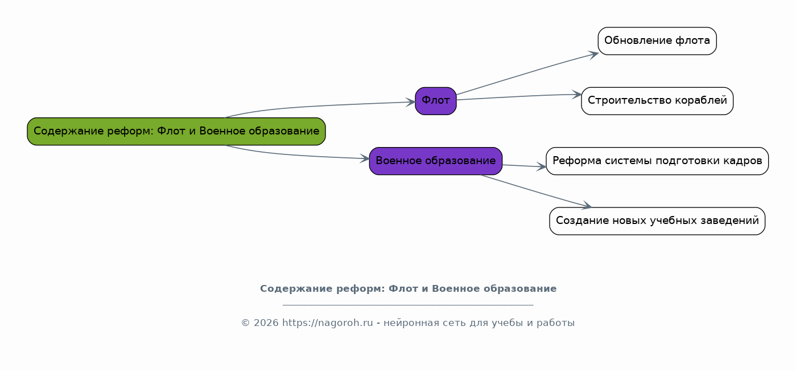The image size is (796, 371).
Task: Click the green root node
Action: [x=176, y=132]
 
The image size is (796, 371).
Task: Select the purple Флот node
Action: [x=436, y=101]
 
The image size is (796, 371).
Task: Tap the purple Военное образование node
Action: [x=436, y=161]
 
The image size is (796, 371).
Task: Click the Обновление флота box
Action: [x=657, y=41]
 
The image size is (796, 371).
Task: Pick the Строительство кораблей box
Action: [x=657, y=101]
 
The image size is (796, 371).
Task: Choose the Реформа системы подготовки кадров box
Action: [x=657, y=161]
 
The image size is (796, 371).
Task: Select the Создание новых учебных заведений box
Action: [x=657, y=221]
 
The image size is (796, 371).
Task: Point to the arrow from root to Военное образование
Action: [x=295, y=155]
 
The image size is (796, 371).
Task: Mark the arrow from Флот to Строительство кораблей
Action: [x=519, y=96]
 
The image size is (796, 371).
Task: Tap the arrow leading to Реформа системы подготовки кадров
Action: [x=524, y=166]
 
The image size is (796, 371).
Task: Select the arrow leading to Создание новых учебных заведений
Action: [x=536, y=191]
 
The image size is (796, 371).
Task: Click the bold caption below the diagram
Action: [x=409, y=288]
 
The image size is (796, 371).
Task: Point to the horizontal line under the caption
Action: [x=408, y=305]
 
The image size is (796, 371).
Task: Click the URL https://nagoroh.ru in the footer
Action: [x=327, y=323]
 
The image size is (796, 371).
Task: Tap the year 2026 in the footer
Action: [x=266, y=323]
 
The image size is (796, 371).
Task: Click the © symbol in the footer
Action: [x=246, y=323]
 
